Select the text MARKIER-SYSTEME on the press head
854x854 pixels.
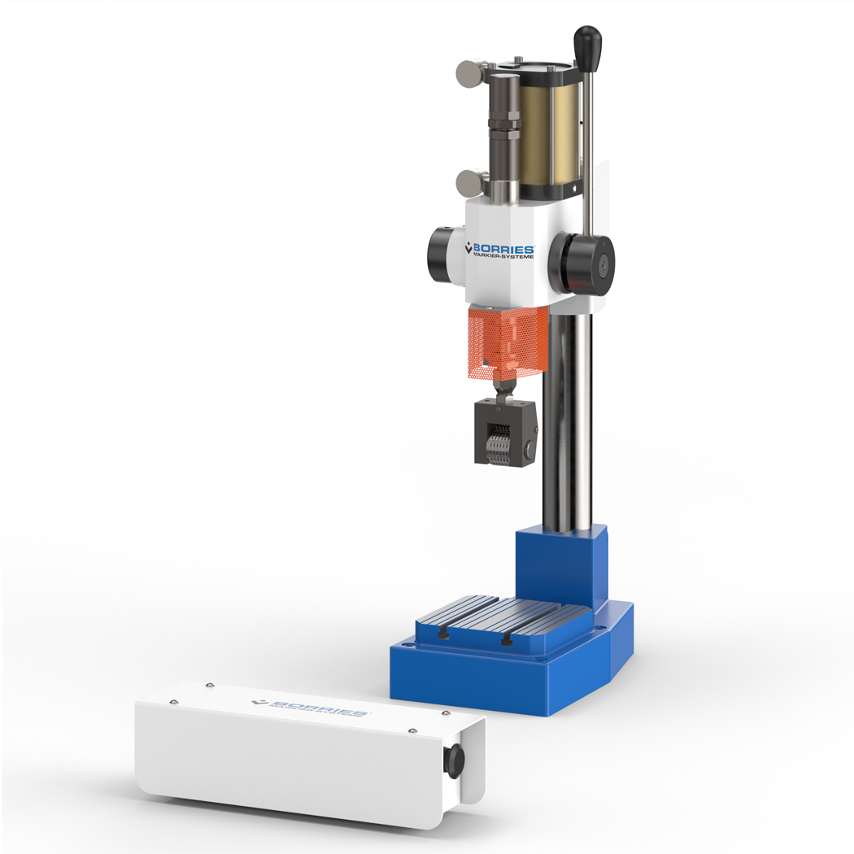pyautogui.click(x=503, y=259)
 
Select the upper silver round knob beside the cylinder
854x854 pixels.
pyautogui.click(x=468, y=72)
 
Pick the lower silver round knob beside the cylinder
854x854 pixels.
pyautogui.click(x=468, y=182)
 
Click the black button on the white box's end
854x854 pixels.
pyautogui.click(x=453, y=760)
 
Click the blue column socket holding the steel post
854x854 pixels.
pyautogui.click(x=562, y=565)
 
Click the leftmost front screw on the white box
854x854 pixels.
pyautogui.click(x=172, y=701)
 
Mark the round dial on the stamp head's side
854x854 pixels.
pyautogui.click(x=529, y=448)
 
